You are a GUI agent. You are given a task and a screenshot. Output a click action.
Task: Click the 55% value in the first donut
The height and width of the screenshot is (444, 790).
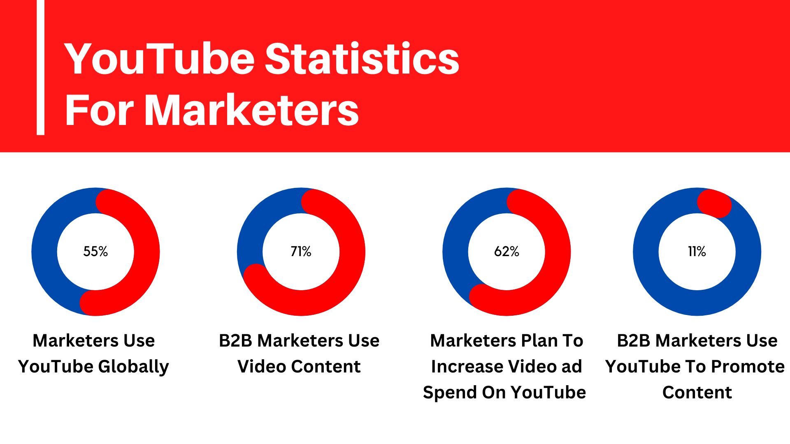[x=95, y=251]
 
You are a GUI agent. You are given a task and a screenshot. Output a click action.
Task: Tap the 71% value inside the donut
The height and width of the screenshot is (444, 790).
[x=301, y=251]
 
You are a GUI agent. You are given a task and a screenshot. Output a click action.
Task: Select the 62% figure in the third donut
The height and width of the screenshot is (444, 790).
[x=507, y=251]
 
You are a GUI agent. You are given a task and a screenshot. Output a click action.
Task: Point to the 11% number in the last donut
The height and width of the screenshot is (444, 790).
[x=697, y=251]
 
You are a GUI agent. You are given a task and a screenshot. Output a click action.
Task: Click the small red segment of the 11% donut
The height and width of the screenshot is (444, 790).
[x=714, y=203]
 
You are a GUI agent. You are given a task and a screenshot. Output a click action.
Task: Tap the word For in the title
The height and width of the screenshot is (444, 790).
[x=99, y=110]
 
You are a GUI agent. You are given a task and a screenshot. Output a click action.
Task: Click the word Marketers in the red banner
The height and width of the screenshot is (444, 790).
[x=252, y=110]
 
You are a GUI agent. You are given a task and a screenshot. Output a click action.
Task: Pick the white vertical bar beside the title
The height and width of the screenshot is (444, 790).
[x=40, y=67]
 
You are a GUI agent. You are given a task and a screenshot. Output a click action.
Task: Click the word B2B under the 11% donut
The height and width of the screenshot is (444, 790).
[x=633, y=341]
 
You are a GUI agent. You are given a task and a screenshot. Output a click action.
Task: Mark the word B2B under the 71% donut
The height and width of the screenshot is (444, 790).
[x=235, y=341]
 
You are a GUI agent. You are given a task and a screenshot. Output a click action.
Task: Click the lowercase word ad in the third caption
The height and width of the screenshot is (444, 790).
[x=572, y=367]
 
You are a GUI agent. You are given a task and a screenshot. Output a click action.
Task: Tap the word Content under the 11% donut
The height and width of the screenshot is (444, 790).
[x=697, y=393]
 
